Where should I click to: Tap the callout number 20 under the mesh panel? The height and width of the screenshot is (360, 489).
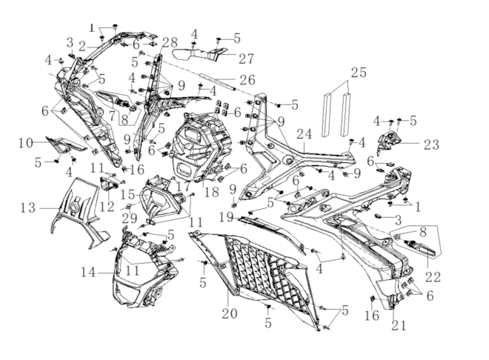pyautogui.click(x=229, y=313)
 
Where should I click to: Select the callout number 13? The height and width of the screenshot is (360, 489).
pyautogui.click(x=27, y=208)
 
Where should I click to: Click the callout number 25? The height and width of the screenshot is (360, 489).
pyautogui.click(x=359, y=73)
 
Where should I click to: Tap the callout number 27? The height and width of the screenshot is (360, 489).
pyautogui.click(x=226, y=59)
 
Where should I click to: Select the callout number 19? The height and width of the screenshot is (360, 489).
pyautogui.click(x=227, y=217)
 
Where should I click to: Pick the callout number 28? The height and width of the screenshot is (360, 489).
pyautogui.click(x=169, y=41)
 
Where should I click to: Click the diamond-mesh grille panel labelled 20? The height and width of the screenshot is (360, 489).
pyautogui.click(x=252, y=270)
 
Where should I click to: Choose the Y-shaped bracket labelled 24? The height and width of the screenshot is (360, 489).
pyautogui.click(x=289, y=159)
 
